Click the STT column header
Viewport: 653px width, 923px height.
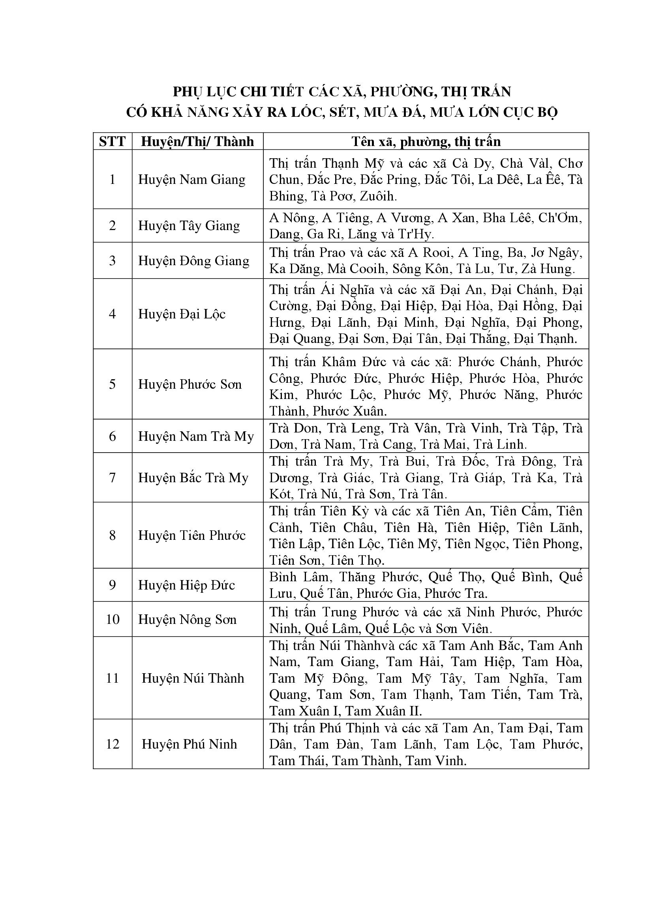(x=112, y=142)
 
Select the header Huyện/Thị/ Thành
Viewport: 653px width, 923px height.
(x=197, y=142)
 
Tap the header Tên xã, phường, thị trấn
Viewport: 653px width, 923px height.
(x=426, y=142)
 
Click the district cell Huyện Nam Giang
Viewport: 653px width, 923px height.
(x=192, y=179)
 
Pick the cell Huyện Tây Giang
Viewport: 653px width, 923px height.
(x=189, y=226)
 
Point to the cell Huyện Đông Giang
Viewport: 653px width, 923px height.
(x=194, y=260)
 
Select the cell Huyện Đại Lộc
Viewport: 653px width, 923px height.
(x=182, y=314)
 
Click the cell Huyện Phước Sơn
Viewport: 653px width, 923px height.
(x=190, y=384)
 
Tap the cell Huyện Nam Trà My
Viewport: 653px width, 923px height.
(x=196, y=436)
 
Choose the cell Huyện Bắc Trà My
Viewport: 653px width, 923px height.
(x=193, y=477)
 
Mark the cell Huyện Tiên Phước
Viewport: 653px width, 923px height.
(x=192, y=535)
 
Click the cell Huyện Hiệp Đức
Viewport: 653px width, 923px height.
(x=187, y=585)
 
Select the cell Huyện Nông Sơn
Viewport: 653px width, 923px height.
(x=188, y=620)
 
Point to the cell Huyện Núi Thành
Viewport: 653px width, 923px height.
(x=193, y=678)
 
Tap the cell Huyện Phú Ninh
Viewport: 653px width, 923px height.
(x=189, y=744)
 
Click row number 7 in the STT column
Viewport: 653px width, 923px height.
(x=112, y=477)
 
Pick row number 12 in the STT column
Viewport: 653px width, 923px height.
(x=112, y=744)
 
